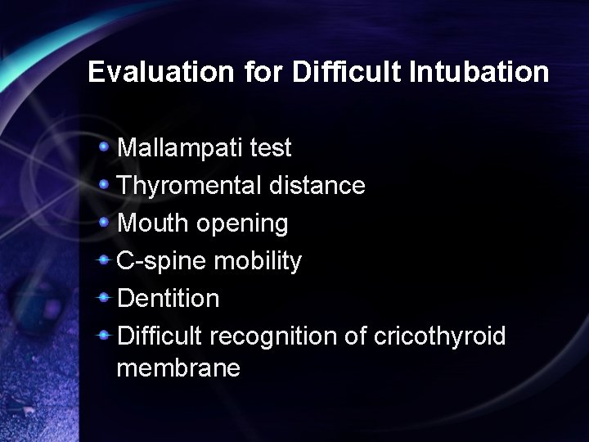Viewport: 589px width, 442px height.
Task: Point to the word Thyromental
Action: click(x=190, y=186)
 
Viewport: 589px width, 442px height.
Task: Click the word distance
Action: click(x=317, y=186)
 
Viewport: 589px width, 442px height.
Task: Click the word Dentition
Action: click(x=169, y=299)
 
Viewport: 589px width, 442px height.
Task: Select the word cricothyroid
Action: click(x=440, y=336)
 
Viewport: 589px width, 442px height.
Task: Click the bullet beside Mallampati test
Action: click(x=104, y=147)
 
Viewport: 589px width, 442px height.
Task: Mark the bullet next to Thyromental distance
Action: click(x=104, y=185)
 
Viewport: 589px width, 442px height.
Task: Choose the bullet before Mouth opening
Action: click(x=104, y=223)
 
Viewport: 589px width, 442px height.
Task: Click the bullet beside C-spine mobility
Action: click(x=104, y=260)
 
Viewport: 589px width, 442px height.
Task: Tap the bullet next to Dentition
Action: click(x=104, y=298)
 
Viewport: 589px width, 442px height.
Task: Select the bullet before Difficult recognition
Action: click(x=104, y=336)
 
